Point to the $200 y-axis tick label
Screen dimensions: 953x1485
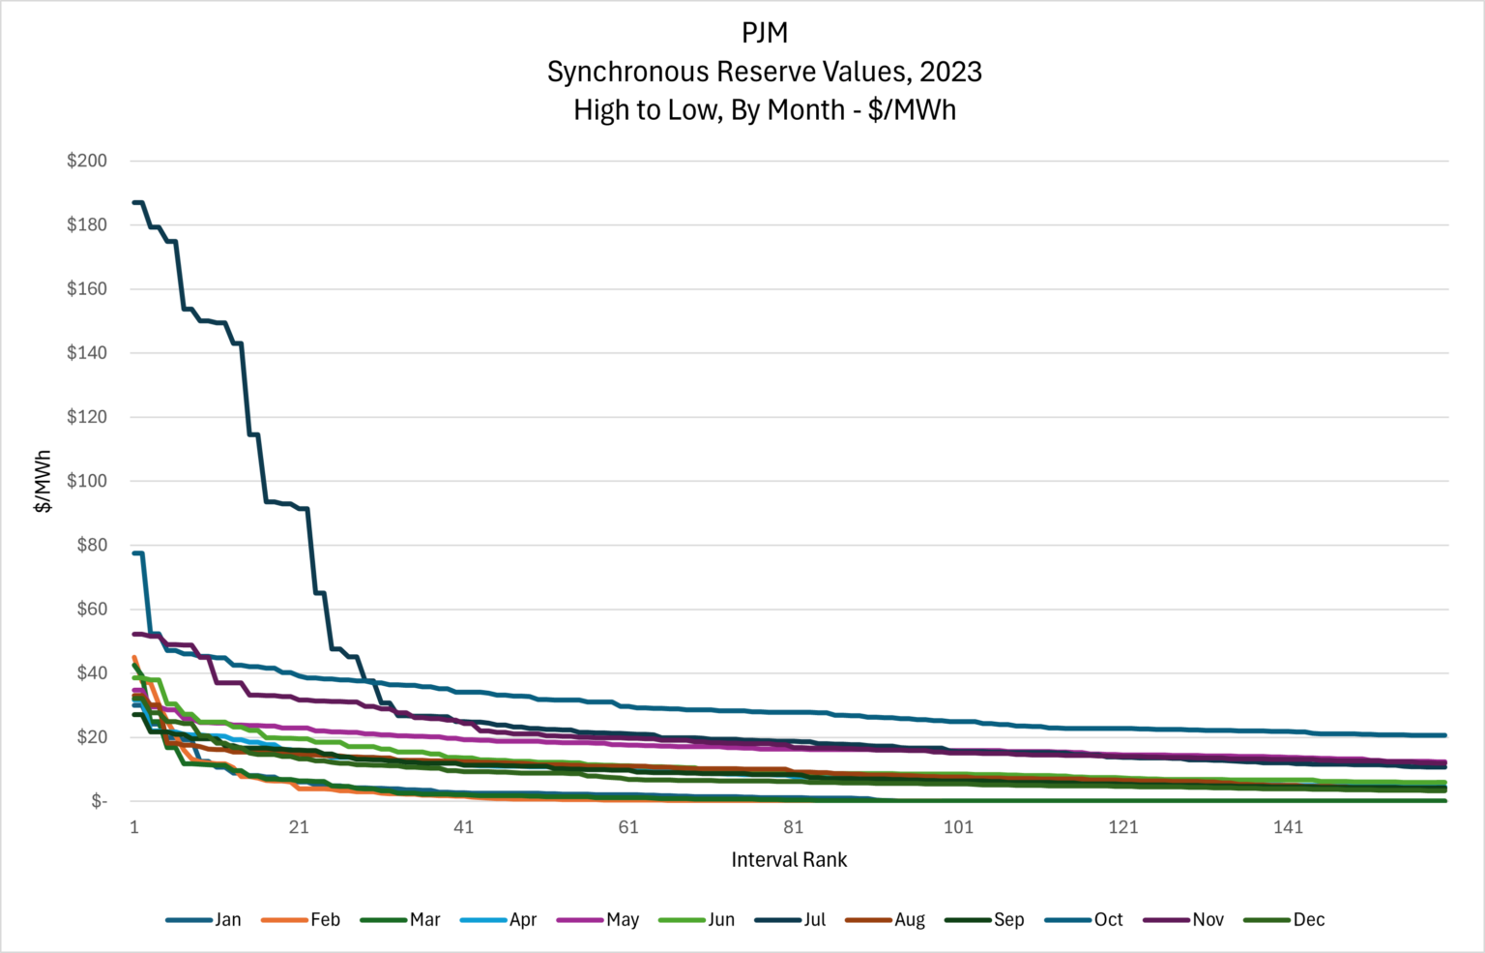tap(87, 161)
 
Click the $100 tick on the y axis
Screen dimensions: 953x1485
tap(87, 481)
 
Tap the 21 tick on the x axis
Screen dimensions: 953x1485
tap(299, 826)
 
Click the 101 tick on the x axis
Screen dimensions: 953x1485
tap(958, 826)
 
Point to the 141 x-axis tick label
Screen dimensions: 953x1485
tap(1288, 826)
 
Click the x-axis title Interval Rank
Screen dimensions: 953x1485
tap(789, 859)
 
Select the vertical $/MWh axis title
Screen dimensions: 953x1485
tap(43, 481)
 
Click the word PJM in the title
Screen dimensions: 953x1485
tap(765, 33)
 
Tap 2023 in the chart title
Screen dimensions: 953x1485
tap(950, 72)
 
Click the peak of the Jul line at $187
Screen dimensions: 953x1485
tap(138, 202)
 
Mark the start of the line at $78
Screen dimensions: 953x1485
tap(136, 552)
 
